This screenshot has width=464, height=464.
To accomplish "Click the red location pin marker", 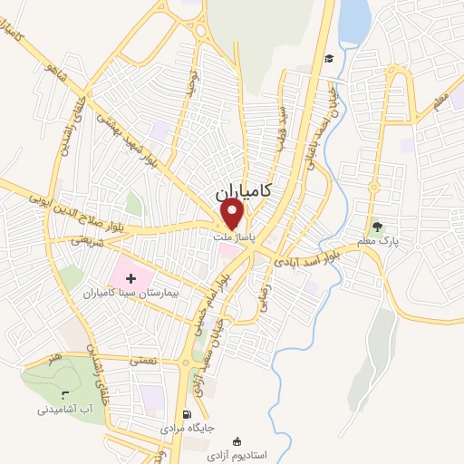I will point(233,215).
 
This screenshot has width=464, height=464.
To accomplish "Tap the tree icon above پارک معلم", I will point(378,227).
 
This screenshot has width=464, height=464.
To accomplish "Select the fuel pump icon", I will point(188,412).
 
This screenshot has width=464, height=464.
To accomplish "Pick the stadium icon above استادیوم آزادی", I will point(237,441).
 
